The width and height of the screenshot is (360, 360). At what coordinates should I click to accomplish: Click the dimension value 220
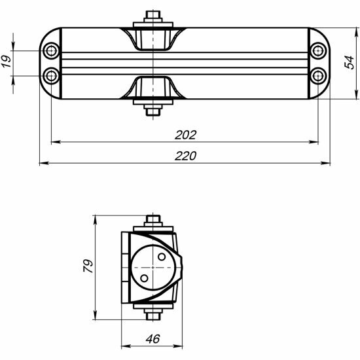[x=185, y=156]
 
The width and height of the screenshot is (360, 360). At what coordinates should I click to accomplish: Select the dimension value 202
[x=185, y=135]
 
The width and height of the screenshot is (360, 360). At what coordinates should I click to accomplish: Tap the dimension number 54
[x=350, y=62]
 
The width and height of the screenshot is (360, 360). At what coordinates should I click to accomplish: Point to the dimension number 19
[x=7, y=62]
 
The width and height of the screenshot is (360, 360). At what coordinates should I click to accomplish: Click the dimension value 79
[x=88, y=266]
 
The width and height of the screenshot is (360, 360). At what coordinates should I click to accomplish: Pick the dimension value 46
[x=153, y=339]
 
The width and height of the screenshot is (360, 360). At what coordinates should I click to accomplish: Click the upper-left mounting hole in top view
[x=51, y=50]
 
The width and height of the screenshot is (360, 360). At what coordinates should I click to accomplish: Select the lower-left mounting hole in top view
[x=51, y=76]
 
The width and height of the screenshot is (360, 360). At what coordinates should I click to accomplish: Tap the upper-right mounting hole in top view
[x=318, y=50]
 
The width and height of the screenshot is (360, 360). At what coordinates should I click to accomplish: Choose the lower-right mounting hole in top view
[x=318, y=76]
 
